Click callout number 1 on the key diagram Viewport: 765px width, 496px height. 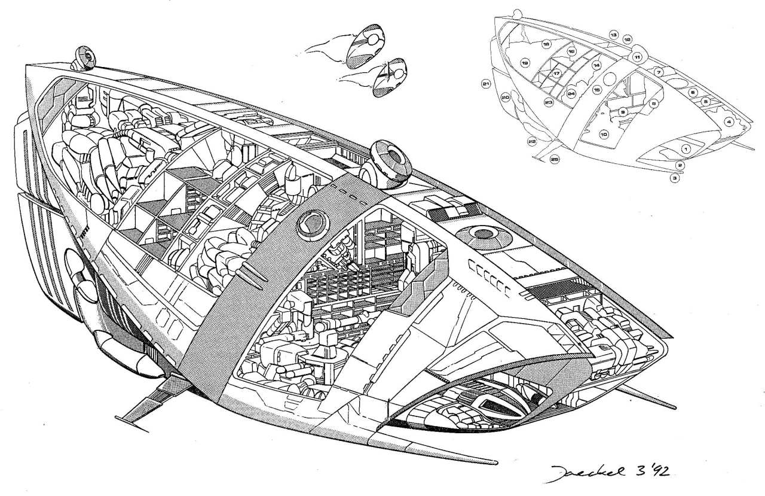click(686, 148)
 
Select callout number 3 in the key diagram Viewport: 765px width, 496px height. click(674, 178)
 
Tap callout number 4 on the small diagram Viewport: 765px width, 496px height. click(729, 121)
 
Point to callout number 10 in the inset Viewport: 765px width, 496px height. click(604, 135)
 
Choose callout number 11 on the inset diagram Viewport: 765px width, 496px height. click(637, 57)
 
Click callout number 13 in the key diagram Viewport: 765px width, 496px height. click(614, 36)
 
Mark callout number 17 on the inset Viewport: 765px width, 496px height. click(556, 74)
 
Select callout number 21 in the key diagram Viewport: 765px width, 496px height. click(486, 84)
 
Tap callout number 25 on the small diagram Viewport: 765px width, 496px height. click(554, 160)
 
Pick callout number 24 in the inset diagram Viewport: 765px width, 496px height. click(571, 94)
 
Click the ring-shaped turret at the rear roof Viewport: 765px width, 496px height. click(85, 58)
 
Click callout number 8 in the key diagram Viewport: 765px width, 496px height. click(653, 103)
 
